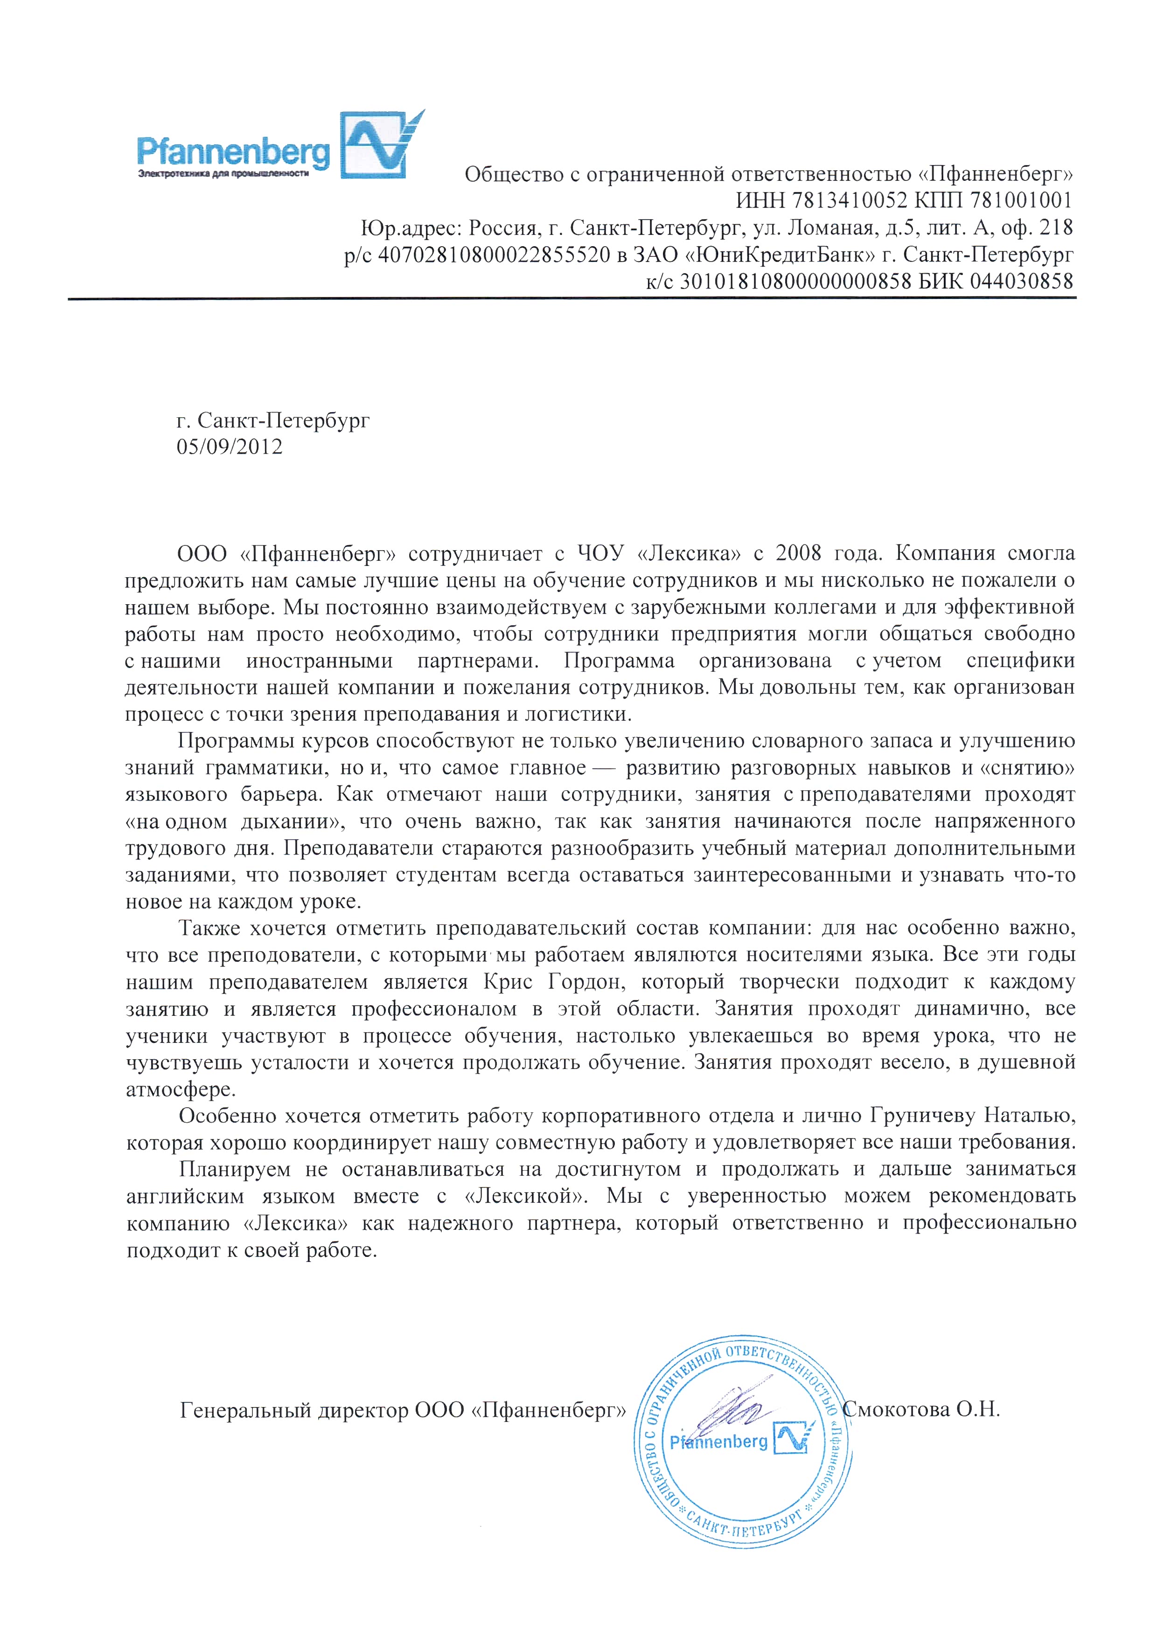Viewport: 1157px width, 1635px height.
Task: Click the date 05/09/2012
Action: pyautogui.click(x=230, y=447)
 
